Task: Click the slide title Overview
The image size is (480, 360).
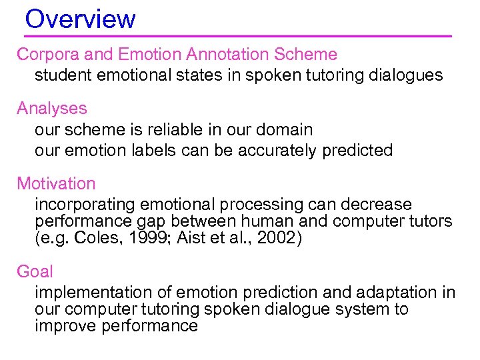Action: coord(80,19)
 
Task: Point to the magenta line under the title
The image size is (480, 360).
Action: coord(238,35)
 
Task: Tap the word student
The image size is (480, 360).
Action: coord(63,75)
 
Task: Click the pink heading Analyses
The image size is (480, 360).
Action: coord(52,108)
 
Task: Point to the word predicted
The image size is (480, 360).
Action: coord(358,151)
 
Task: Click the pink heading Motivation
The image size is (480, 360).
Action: coord(56,183)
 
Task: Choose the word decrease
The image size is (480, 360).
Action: coord(378,205)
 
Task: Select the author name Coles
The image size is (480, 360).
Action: coord(89,238)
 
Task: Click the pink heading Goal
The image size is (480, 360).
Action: coord(35,271)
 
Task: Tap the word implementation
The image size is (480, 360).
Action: coord(87,293)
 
